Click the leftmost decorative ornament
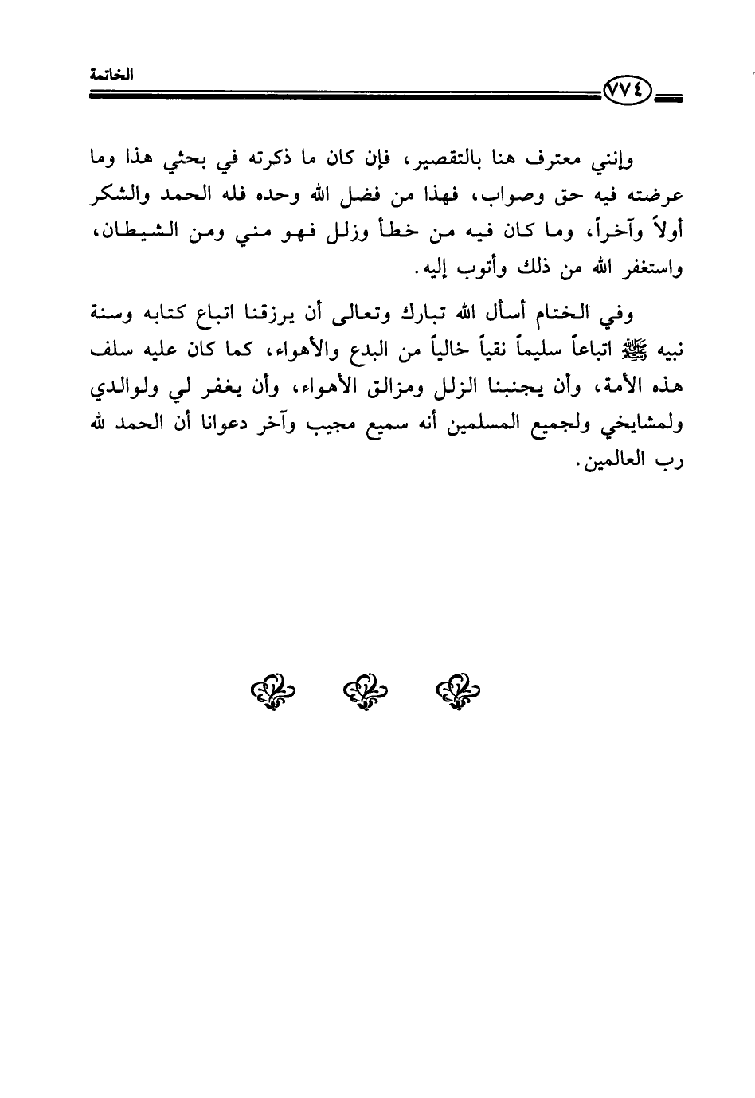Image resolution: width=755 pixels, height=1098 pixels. (x=268, y=690)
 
